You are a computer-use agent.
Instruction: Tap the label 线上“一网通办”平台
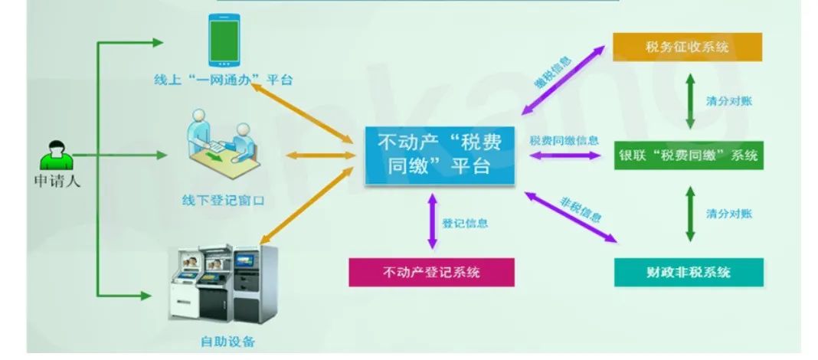(222, 79)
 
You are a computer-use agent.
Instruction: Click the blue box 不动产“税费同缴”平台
(439, 155)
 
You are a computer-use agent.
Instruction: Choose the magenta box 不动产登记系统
(431, 271)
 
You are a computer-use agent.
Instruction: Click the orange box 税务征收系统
(687, 47)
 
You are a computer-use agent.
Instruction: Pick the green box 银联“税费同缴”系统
(688, 155)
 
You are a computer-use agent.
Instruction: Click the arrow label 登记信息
(465, 224)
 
